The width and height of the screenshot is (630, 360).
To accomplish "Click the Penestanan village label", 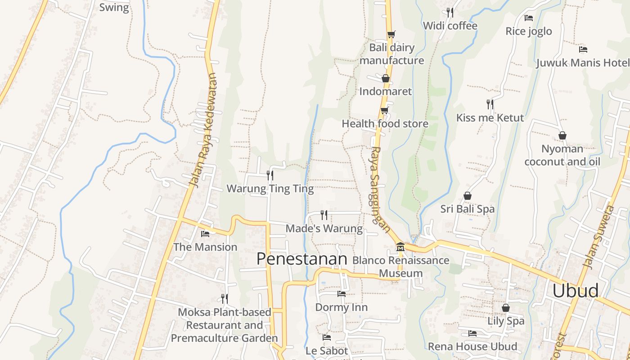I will point(302,259).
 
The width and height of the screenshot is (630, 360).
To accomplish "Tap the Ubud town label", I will point(576,291).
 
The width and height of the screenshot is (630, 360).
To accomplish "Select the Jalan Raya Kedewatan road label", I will point(203,130).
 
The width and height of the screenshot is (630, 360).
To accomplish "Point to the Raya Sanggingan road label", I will point(380,189).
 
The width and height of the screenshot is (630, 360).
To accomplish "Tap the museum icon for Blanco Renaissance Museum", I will point(400,247).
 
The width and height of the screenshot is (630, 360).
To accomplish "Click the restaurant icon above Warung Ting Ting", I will point(270,175).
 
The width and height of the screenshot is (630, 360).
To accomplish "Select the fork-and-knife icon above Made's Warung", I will point(324,215).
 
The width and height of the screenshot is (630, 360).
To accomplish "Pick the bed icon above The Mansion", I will point(205,234).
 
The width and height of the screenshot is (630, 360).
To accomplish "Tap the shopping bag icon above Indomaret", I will point(386,78).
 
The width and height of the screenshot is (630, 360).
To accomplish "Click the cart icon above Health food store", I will point(384,110).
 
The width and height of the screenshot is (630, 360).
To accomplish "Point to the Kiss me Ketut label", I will point(490,118).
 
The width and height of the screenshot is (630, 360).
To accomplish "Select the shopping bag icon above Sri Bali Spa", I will point(468,196).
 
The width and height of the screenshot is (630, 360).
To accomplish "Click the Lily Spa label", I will point(506,321).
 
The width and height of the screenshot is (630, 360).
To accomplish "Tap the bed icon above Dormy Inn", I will point(342,294).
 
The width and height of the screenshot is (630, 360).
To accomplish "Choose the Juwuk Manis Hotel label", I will point(583,63).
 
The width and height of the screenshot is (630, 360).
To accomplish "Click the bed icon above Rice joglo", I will point(529,18).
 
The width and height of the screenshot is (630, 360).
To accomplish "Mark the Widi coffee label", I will point(450,26).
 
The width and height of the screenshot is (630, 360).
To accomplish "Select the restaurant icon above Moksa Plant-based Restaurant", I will point(224,298).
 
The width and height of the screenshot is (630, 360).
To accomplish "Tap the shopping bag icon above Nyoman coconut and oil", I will point(562,135).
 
